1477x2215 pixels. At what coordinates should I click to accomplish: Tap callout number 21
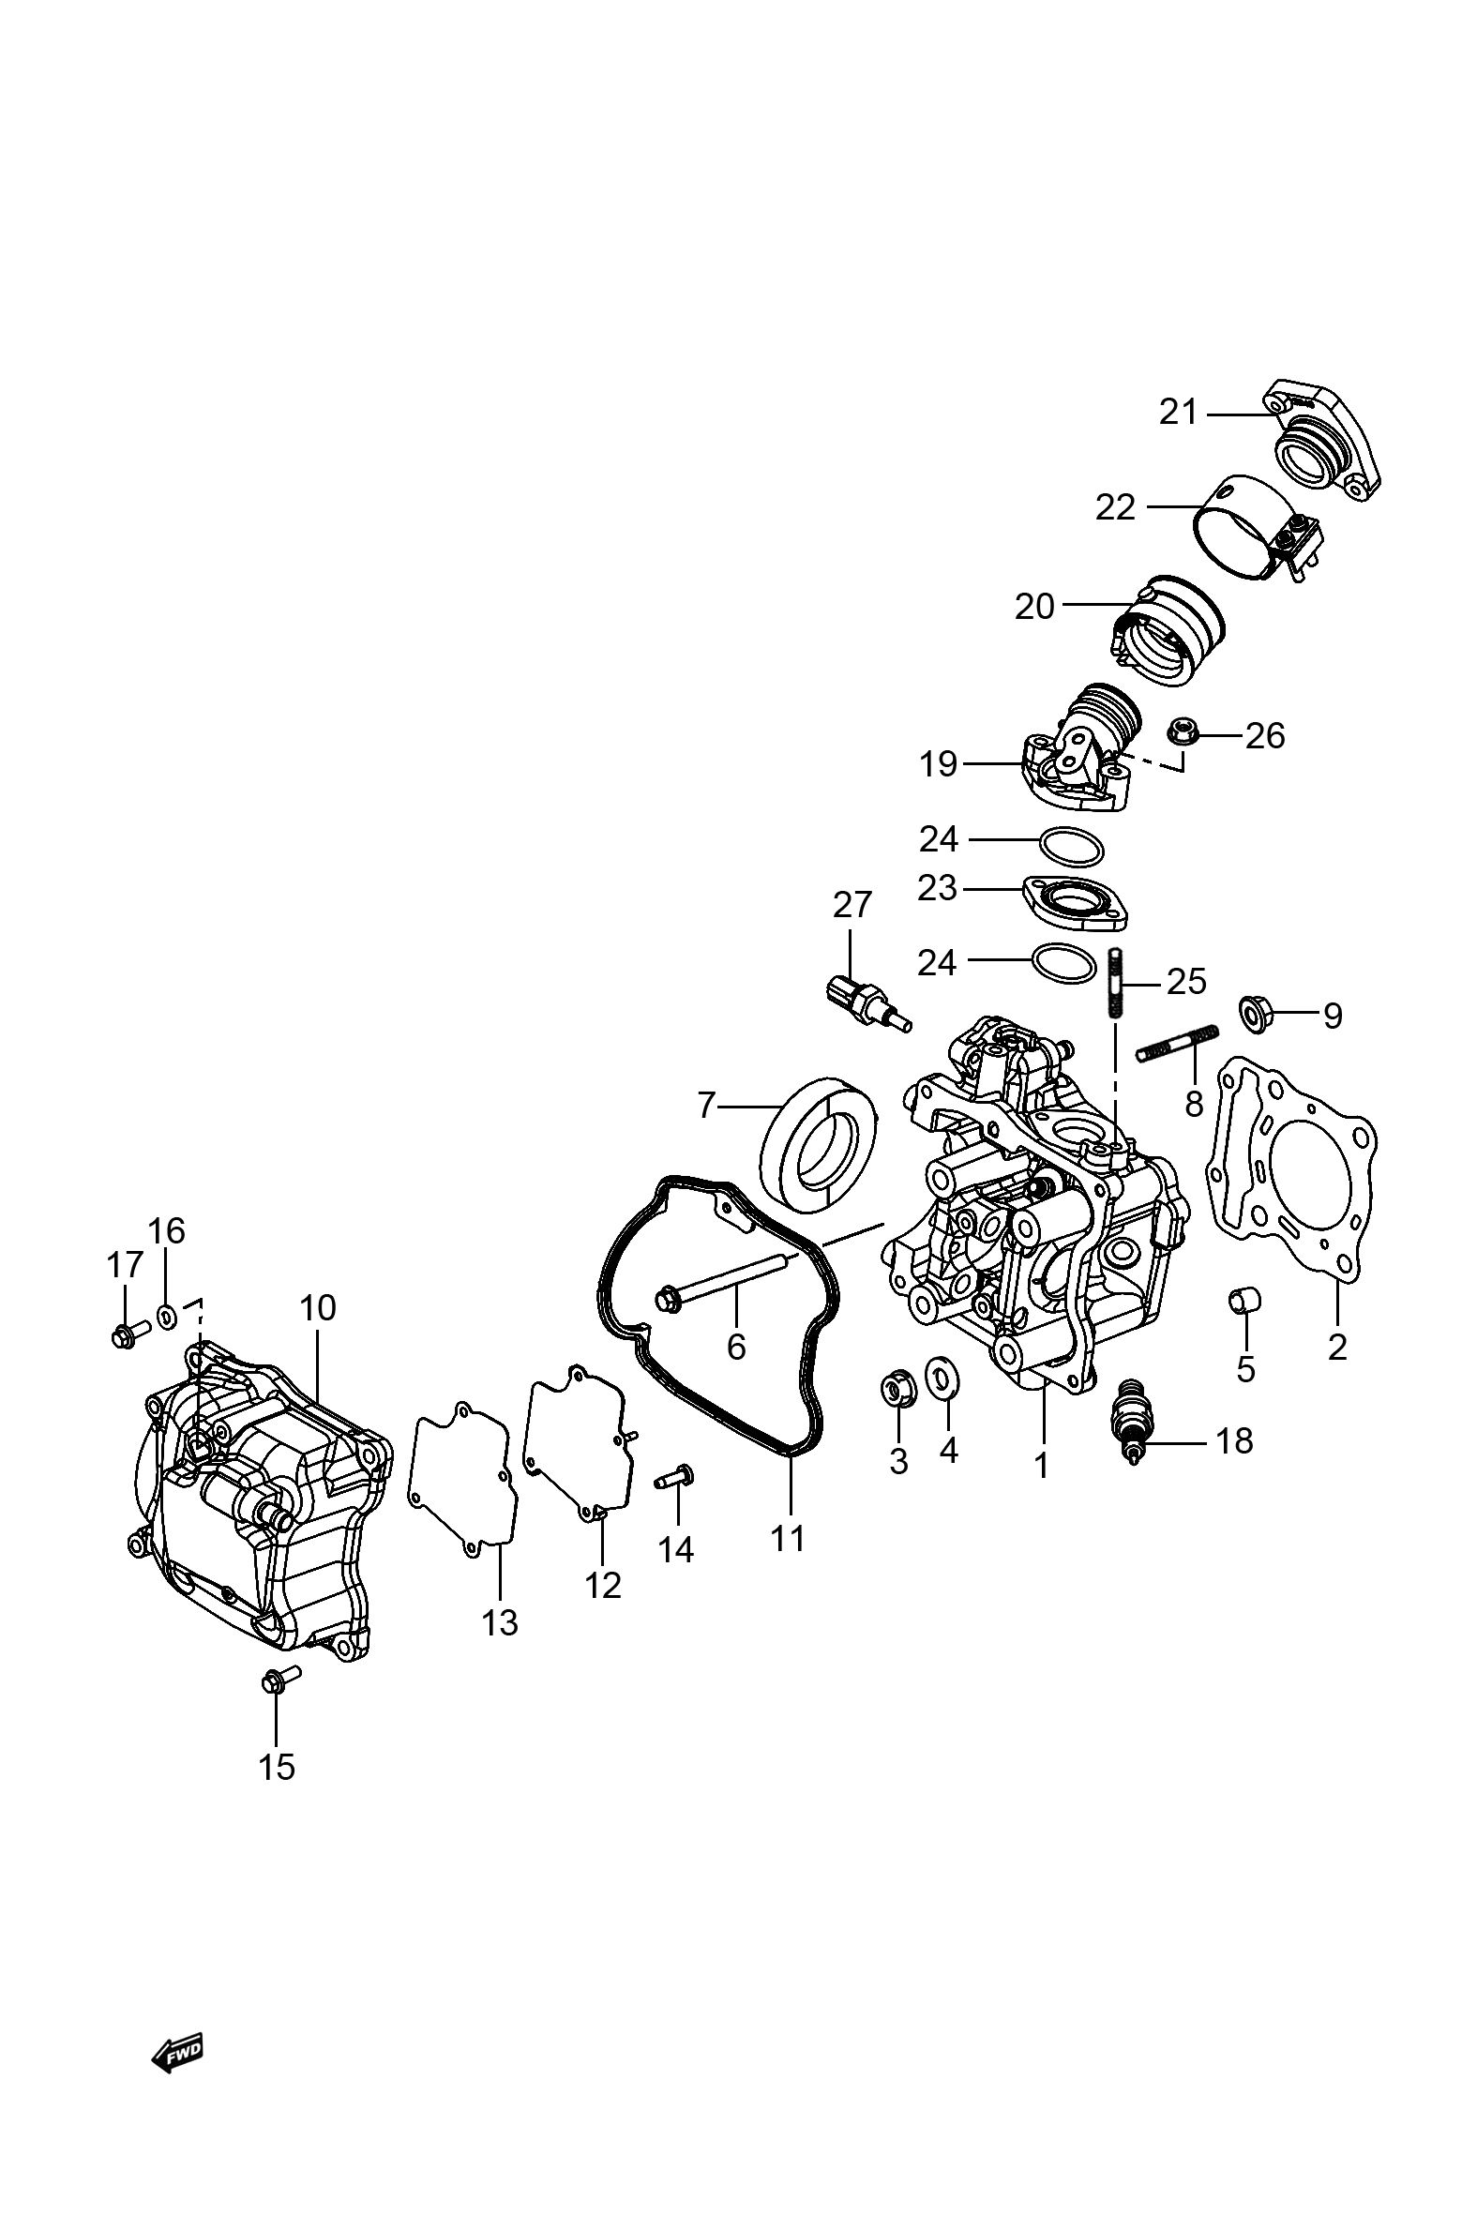click(x=1178, y=413)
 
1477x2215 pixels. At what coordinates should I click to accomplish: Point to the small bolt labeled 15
click(x=278, y=1680)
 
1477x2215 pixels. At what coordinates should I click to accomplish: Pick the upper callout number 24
click(x=938, y=839)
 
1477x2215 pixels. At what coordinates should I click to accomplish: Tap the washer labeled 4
click(x=939, y=1379)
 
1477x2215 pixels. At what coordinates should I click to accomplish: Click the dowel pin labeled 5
click(x=1245, y=1301)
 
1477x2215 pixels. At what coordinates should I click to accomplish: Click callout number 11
click(x=788, y=1539)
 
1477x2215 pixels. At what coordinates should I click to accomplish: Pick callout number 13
click(x=500, y=1622)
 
